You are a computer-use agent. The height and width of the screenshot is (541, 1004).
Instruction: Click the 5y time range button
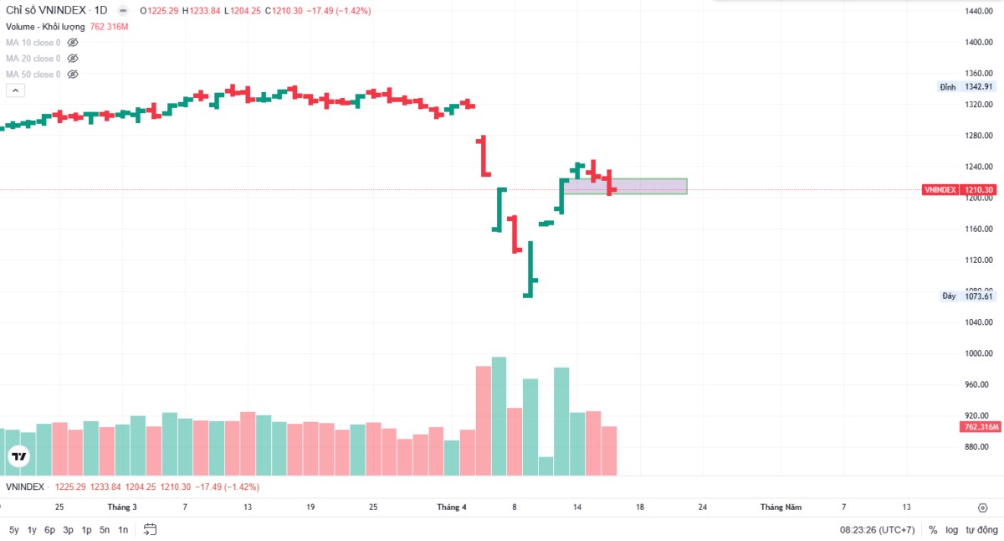click(14, 529)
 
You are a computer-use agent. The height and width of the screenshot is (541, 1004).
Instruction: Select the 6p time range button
click(49, 529)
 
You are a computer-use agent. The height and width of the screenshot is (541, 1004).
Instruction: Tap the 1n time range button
click(123, 529)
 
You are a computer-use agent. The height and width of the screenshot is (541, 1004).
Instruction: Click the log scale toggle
click(952, 529)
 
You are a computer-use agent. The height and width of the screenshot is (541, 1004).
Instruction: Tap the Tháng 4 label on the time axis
click(452, 507)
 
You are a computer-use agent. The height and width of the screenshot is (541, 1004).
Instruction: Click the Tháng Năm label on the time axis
click(781, 507)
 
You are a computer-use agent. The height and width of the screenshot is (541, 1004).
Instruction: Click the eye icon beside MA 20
click(73, 59)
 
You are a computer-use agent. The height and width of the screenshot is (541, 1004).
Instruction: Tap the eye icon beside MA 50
click(73, 75)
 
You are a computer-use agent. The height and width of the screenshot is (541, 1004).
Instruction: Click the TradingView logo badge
click(18, 456)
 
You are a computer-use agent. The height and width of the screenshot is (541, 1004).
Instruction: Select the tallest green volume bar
click(499, 416)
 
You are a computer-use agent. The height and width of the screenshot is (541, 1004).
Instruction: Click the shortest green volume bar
click(546, 466)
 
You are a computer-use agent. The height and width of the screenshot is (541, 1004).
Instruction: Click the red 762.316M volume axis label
click(981, 427)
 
